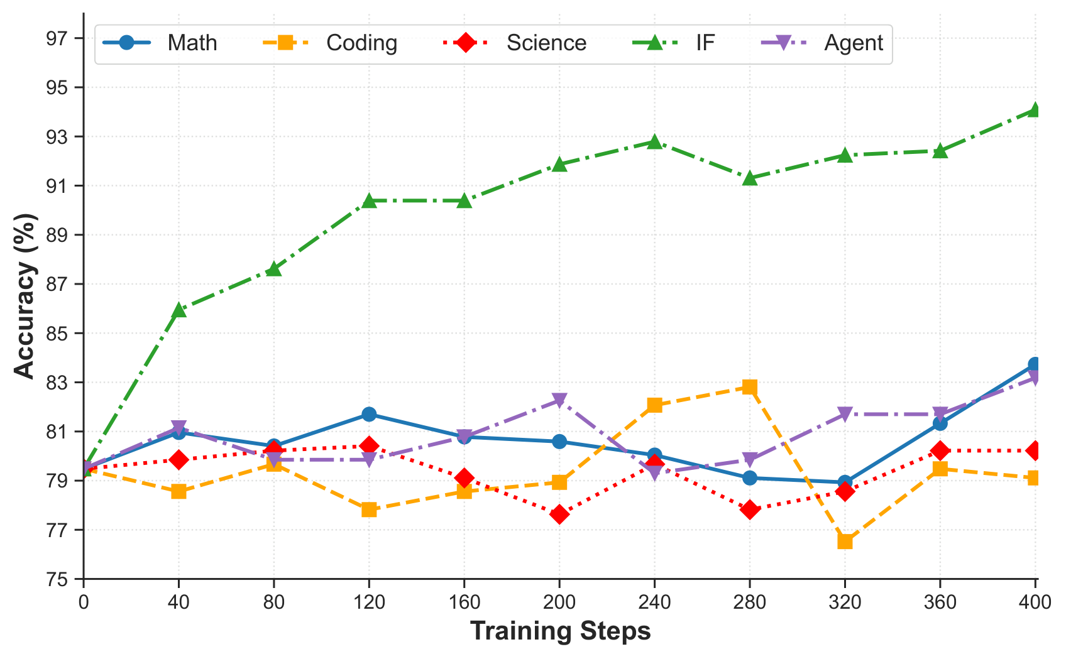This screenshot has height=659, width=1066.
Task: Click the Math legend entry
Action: point(160,43)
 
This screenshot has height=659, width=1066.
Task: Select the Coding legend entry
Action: point(330,43)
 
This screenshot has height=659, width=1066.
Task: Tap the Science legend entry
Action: point(514,43)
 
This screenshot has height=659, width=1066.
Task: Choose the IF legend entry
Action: point(674,43)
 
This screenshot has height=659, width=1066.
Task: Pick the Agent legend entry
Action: point(822,43)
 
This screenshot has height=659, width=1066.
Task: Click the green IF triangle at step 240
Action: point(654,141)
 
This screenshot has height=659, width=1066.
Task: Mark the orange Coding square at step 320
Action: point(845,542)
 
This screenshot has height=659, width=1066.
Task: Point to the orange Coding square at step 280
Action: point(749,387)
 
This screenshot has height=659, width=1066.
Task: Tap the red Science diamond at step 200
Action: point(559,515)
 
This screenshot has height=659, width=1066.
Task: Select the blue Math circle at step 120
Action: point(369,414)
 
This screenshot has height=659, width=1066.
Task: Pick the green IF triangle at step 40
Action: point(179,309)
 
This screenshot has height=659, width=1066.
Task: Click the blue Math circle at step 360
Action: point(940,423)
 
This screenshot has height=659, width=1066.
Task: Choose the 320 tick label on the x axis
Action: point(845,602)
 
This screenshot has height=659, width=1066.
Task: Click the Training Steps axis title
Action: point(560,631)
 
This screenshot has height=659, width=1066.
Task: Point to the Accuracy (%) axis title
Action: point(25,296)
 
